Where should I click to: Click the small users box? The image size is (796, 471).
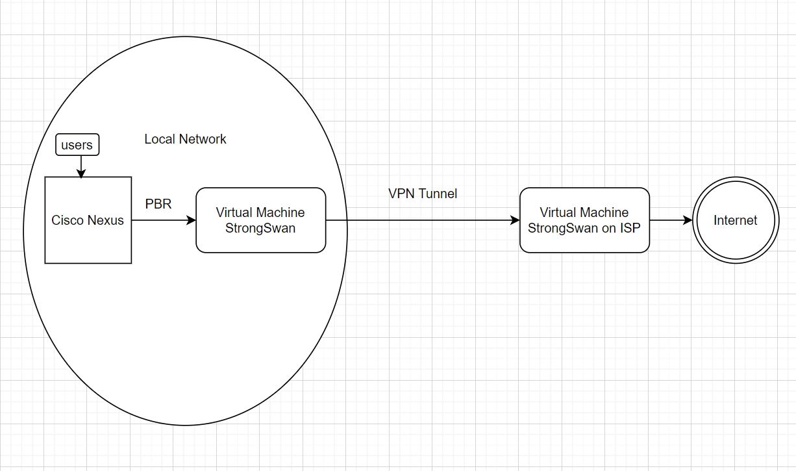pyautogui.click(x=77, y=145)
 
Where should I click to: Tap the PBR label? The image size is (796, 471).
pyautogui.click(x=158, y=204)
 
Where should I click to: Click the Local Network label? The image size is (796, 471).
pyautogui.click(x=185, y=139)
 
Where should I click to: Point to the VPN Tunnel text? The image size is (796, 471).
pyautogui.click(x=423, y=194)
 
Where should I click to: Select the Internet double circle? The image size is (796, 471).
pyautogui.click(x=735, y=220)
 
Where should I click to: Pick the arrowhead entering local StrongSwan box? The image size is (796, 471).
pyautogui.click(x=192, y=220)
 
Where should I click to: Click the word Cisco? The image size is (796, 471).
pyautogui.click(x=68, y=220)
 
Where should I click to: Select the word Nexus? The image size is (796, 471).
pyautogui.click(x=106, y=220)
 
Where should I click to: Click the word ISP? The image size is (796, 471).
pyautogui.click(x=630, y=228)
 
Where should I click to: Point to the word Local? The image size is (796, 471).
pyautogui.click(x=158, y=139)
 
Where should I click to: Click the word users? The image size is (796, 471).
pyautogui.click(x=77, y=145)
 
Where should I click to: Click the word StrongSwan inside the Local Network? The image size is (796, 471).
pyautogui.click(x=260, y=228)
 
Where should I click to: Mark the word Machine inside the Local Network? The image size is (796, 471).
pyautogui.click(x=280, y=212)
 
